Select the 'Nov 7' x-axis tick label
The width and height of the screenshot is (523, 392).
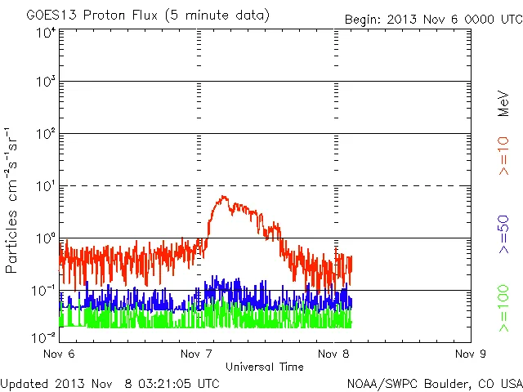tap(195, 354)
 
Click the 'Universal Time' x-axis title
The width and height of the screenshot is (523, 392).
tap(265, 367)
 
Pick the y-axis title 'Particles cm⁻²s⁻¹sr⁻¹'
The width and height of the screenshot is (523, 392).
tap(14, 200)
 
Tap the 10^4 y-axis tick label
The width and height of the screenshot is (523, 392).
tap(45, 33)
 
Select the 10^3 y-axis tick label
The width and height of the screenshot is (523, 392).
tap(45, 82)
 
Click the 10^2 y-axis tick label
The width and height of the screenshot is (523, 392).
tap(45, 134)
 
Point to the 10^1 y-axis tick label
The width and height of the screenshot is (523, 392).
tap(45, 186)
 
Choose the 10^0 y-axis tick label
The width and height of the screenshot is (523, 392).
tap(45, 238)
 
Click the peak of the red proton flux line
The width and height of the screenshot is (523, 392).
tap(223, 196)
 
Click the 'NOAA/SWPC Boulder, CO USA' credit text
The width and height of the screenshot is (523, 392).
tap(434, 382)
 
